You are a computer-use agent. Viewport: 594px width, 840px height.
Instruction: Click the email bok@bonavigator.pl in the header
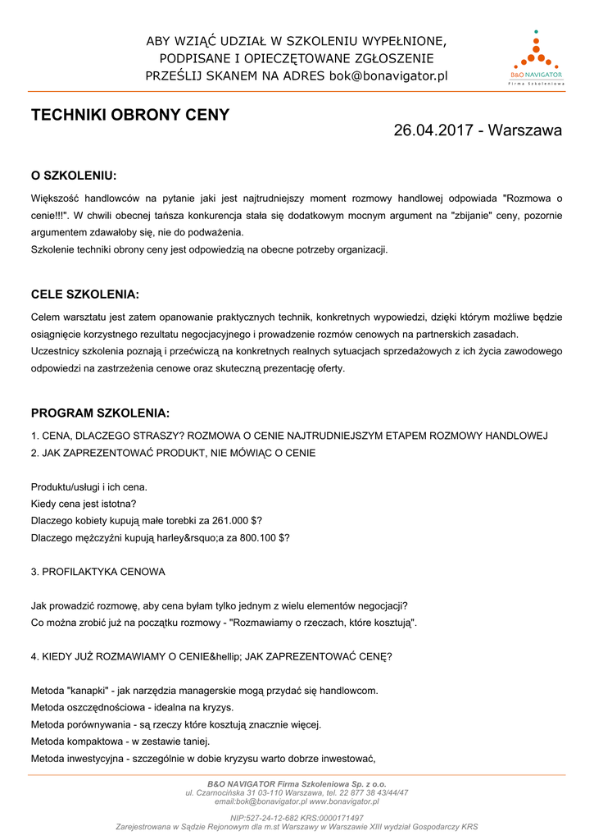(x=388, y=76)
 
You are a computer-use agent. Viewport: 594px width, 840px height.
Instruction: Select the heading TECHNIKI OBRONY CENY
(x=130, y=115)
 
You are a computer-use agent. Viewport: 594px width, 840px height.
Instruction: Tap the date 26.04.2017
(x=432, y=130)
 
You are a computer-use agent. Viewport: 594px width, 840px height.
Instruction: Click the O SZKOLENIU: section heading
(x=74, y=176)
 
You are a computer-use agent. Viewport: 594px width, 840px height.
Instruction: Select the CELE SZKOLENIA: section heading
(x=85, y=294)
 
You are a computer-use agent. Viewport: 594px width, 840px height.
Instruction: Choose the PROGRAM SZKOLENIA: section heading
(x=100, y=413)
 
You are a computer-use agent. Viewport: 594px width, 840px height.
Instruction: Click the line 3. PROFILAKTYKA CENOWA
(x=97, y=571)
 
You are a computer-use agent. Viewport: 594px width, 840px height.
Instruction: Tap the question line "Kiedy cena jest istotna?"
(x=84, y=504)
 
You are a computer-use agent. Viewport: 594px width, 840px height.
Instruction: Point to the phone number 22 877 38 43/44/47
(x=374, y=792)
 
